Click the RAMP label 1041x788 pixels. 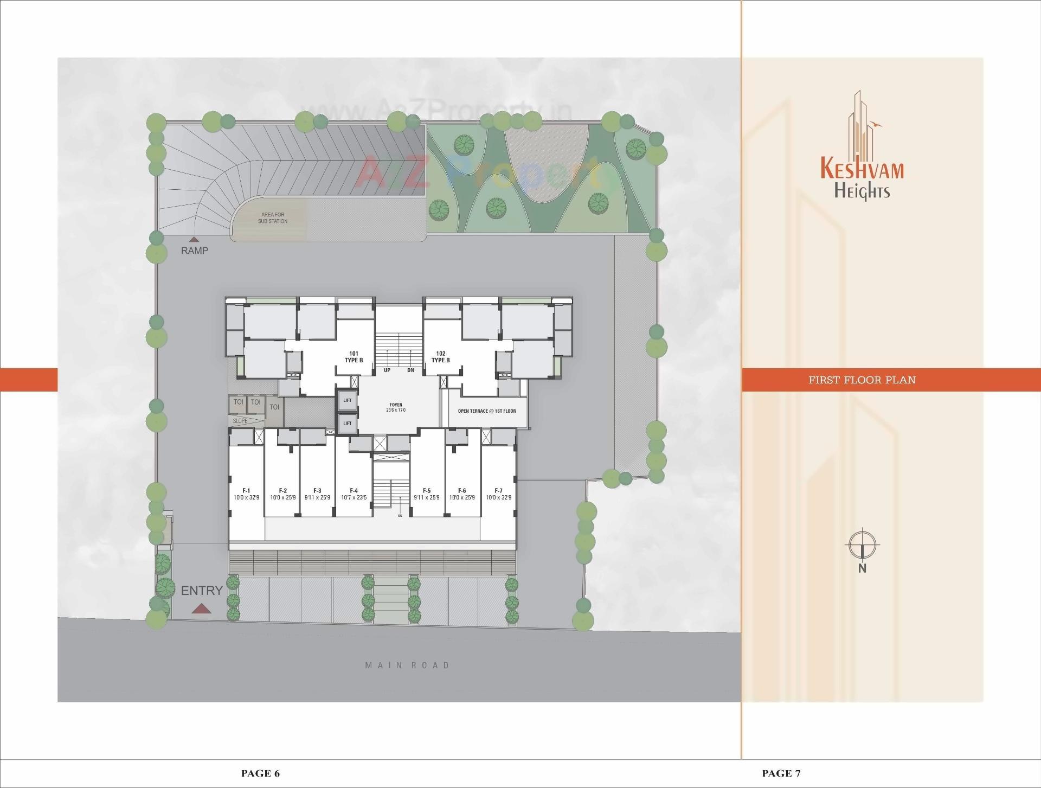coord(194,251)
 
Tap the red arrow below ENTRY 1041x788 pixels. coord(201,608)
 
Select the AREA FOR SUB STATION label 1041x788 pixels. coord(272,218)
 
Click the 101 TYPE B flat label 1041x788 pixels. coord(354,357)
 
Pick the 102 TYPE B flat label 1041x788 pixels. coord(440,357)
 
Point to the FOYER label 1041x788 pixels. coord(396,407)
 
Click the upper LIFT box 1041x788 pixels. coord(348,400)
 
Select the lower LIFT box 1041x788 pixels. coord(348,423)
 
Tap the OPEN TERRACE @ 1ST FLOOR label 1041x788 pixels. coord(486,411)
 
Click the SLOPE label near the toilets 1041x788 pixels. coord(240,421)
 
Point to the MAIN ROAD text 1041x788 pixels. coord(407,665)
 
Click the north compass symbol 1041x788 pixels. coord(862,544)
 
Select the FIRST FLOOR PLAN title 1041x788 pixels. coord(862,380)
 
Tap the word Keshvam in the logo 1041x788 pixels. coord(862,168)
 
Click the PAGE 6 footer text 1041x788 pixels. coord(260,773)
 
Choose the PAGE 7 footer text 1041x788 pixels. coord(781,773)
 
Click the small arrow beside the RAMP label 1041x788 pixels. coord(193,239)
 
